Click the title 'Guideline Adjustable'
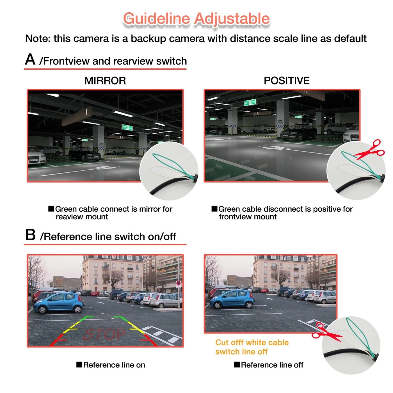196,19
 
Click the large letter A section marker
30,60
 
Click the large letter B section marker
30,235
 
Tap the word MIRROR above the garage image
105,81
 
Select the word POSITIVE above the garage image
286,81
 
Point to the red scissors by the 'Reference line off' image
326,332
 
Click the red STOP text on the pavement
104,334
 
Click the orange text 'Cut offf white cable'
252,342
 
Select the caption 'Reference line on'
114,365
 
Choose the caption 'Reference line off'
272,365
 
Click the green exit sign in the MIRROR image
127,127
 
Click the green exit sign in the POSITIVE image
250,102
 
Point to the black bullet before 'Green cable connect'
51,209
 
